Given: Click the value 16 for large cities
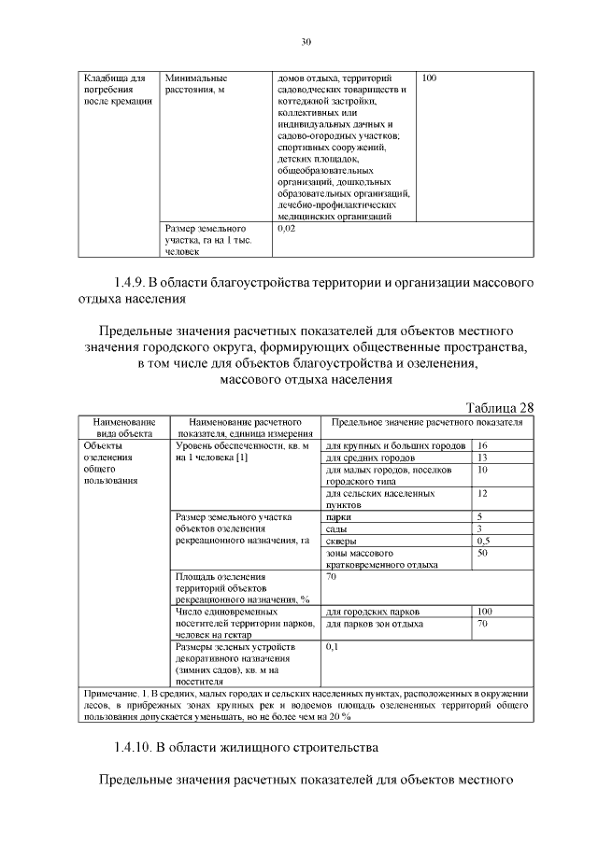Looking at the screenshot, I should [483, 445].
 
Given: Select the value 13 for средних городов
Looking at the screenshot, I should [483, 458].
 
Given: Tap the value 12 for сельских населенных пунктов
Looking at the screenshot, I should [483, 492].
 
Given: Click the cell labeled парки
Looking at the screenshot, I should [337, 516].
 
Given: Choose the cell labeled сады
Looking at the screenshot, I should [336, 528].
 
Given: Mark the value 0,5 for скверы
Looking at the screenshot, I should [484, 541].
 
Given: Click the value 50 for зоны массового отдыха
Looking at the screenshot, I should [483, 553].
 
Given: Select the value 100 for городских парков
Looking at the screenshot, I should [485, 611].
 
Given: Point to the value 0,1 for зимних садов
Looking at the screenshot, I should [332, 646].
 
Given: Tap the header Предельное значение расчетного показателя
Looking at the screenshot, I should [427, 422].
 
